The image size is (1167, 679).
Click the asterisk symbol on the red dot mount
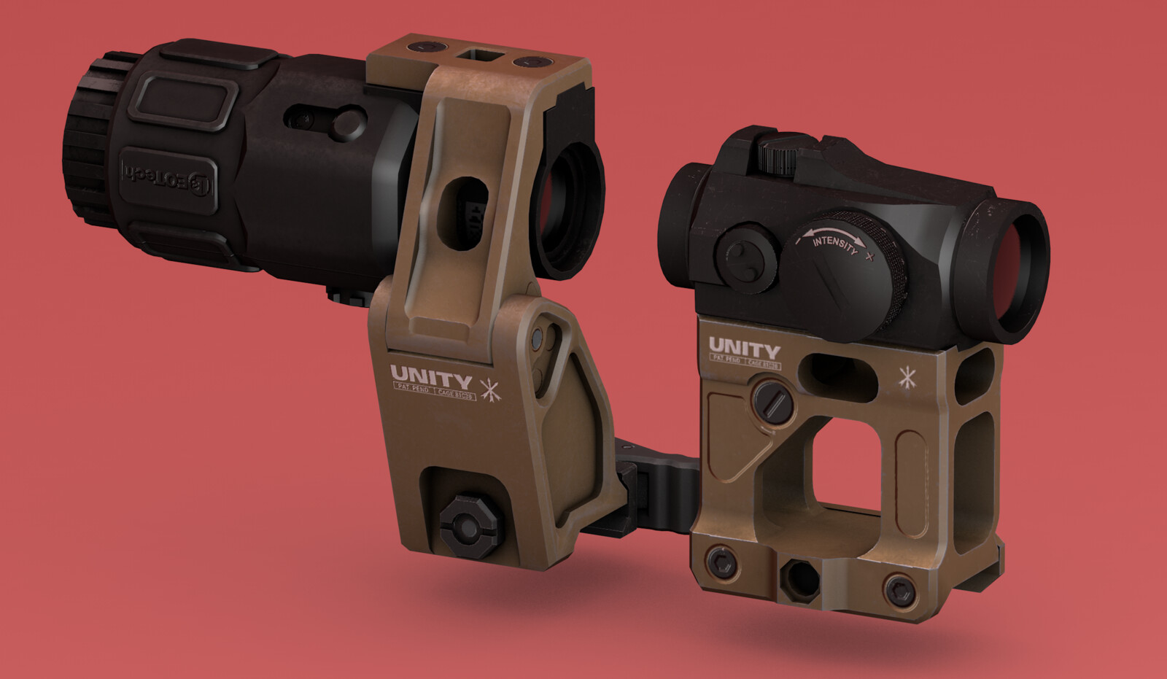[907, 378]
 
